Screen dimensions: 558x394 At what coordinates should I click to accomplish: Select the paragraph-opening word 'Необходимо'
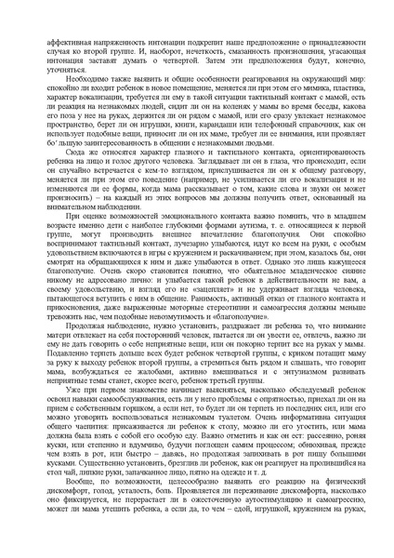pos(80,80)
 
